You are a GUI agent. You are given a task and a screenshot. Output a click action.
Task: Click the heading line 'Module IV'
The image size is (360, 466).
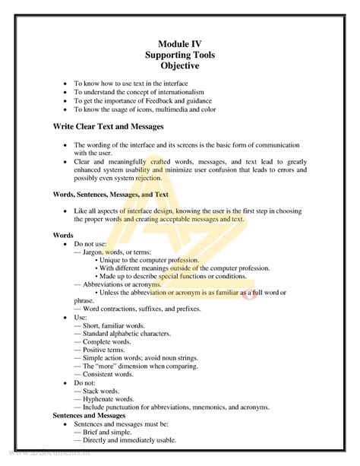click(x=179, y=45)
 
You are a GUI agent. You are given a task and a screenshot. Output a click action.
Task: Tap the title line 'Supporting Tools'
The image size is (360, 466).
click(x=179, y=55)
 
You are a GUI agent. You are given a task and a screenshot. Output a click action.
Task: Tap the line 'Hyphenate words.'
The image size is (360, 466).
click(x=108, y=398)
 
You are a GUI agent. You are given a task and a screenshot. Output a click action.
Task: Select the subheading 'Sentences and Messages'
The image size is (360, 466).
click(x=89, y=416)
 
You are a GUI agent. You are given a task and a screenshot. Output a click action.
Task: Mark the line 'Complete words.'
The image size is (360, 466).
click(x=107, y=343)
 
